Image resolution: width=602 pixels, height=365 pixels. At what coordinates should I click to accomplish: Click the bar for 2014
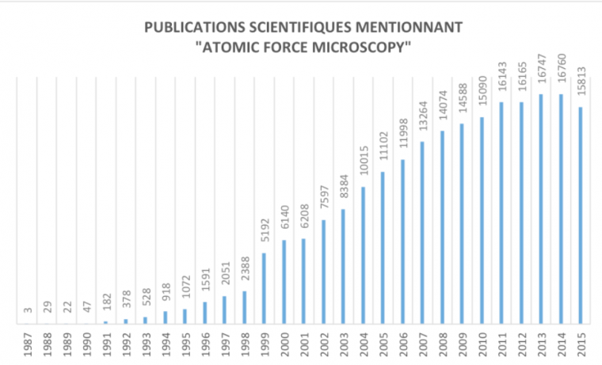pos(561,209)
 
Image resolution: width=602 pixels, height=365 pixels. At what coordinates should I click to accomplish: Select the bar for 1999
pos(264,288)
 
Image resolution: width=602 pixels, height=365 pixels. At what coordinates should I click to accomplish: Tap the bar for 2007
pos(422,233)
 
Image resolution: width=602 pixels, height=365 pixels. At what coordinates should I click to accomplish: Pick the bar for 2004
pos(363,255)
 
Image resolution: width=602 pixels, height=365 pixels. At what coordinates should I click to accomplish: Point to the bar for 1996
pos(204,313)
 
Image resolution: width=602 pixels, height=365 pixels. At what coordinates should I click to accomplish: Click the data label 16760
pos(561,74)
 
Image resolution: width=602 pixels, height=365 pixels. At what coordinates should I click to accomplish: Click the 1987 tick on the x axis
pos(26,345)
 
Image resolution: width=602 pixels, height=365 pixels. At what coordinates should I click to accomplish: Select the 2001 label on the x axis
pos(303,345)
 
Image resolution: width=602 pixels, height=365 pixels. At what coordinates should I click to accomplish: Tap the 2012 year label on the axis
pos(521,345)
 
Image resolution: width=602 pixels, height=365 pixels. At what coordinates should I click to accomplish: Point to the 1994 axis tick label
pos(165,345)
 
